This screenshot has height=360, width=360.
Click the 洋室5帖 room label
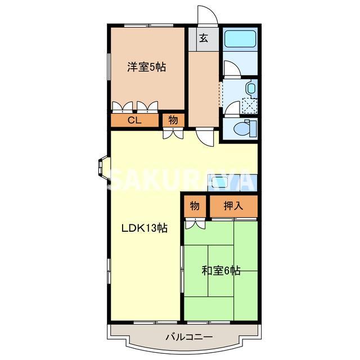pos(146,67)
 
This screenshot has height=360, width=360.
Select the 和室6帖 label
pos(221,271)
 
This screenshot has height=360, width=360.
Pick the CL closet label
pos(134,120)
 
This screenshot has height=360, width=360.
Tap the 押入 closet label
pos(233,206)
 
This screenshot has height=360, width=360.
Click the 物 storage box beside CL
pos(173,120)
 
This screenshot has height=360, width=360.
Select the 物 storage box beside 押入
pos(195,206)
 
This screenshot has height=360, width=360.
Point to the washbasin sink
pos(250,88)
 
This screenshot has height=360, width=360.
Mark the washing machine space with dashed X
pos(249,105)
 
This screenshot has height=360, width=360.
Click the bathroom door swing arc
pos(231,69)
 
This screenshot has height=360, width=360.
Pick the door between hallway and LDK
pos(204,137)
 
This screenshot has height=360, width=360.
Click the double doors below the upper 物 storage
pos(173,134)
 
